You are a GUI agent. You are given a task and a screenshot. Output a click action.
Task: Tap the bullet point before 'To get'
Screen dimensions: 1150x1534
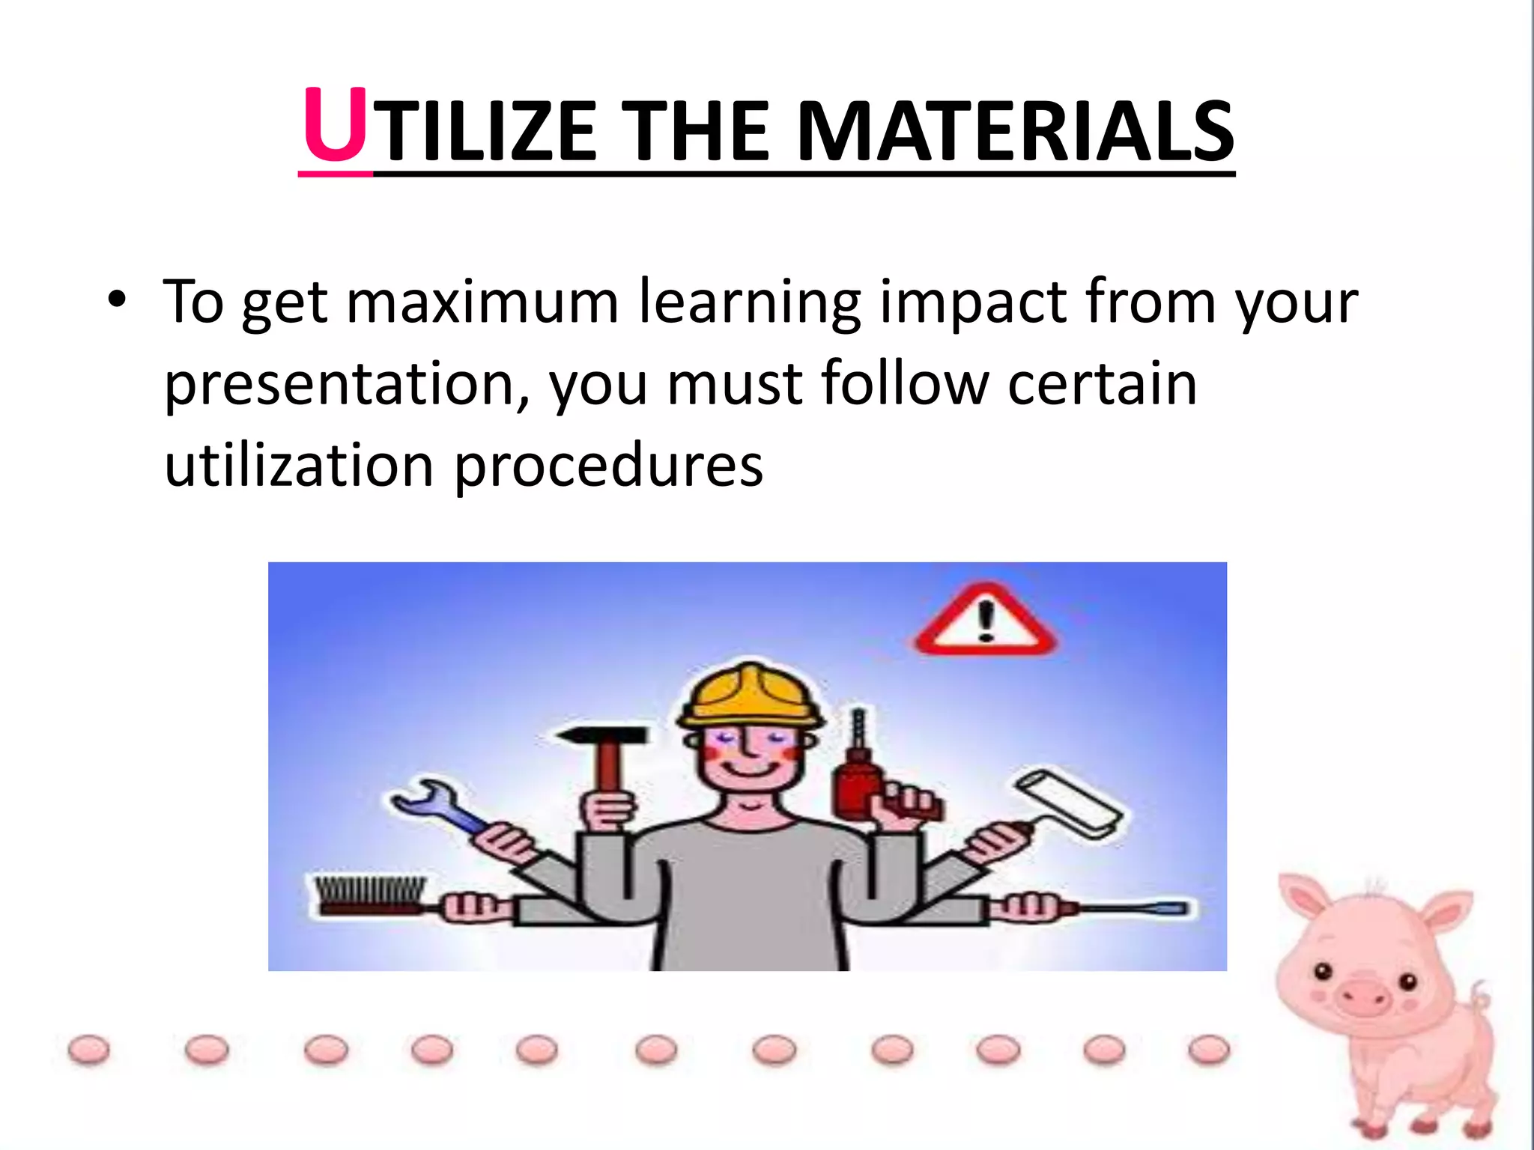point(117,300)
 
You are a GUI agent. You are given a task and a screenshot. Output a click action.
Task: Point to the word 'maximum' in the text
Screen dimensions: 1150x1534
point(482,302)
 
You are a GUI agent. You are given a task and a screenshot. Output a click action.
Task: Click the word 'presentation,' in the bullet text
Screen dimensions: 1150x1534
point(347,384)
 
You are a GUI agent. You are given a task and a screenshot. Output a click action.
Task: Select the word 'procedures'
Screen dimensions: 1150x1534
point(608,466)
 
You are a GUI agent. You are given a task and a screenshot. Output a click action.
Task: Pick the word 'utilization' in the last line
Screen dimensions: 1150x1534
point(299,465)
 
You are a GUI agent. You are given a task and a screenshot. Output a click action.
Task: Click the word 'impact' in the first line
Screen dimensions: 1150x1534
point(973,302)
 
